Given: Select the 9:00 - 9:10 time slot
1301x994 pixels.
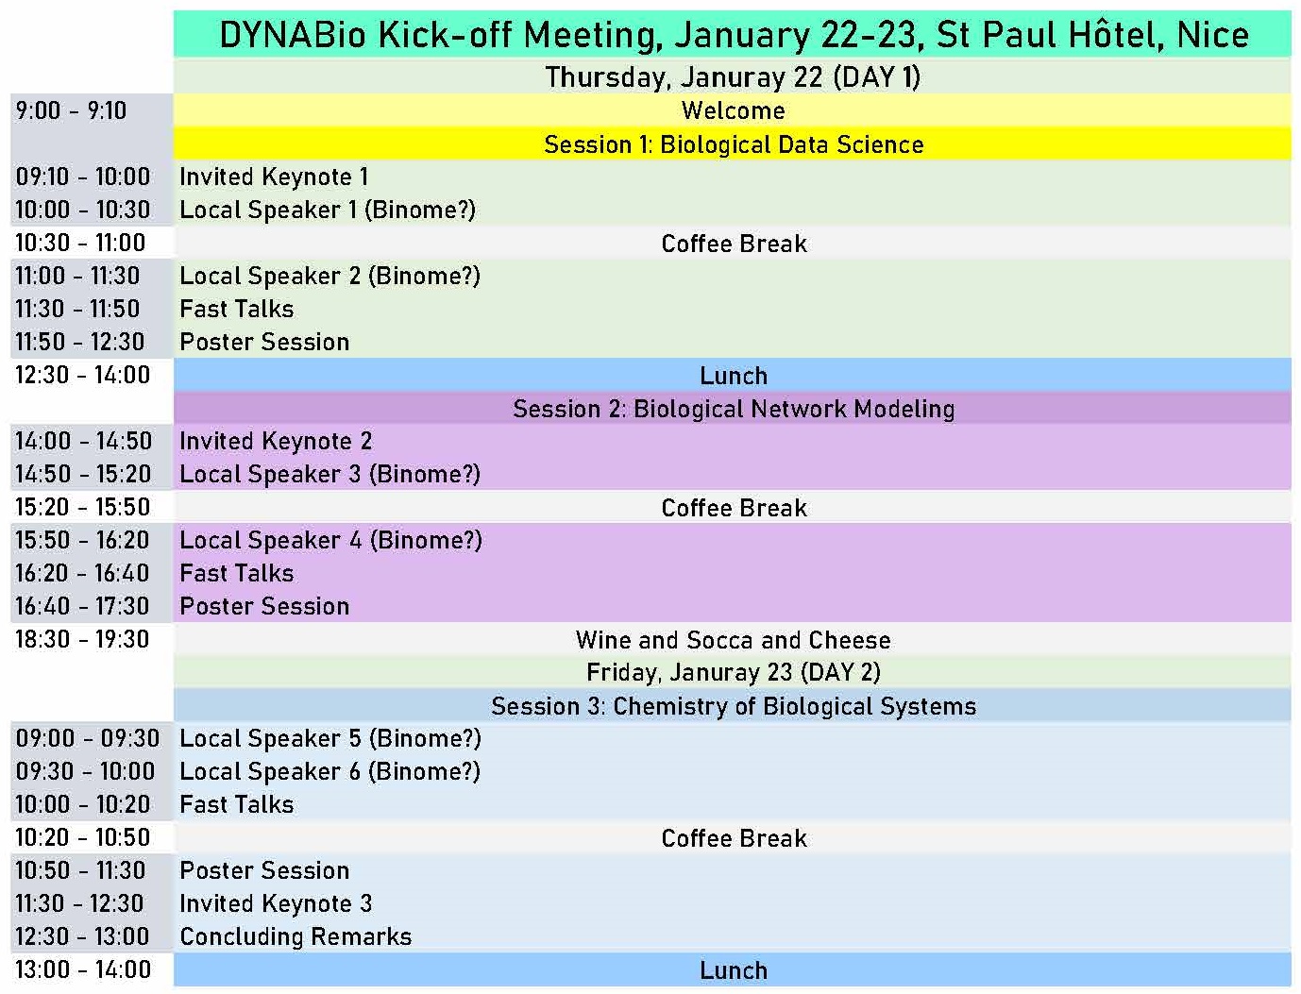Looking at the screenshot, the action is click(x=71, y=110).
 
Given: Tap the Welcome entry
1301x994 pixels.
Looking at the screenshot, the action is click(x=734, y=110).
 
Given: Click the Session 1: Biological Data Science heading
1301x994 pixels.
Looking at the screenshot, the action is click(x=734, y=144).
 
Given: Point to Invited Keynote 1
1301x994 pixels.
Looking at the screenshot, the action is click(x=274, y=177).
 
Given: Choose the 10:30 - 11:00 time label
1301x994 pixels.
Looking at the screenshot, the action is click(x=80, y=243).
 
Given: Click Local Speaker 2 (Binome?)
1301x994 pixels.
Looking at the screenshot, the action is click(x=330, y=276).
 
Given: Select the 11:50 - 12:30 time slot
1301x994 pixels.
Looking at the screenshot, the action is click(x=80, y=342).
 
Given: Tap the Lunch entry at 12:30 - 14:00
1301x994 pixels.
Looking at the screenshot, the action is click(x=734, y=376).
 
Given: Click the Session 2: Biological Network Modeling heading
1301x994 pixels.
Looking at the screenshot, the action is click(x=734, y=409).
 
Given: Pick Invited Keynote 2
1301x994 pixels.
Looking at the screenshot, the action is click(x=276, y=441).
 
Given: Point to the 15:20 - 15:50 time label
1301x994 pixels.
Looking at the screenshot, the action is click(x=82, y=507).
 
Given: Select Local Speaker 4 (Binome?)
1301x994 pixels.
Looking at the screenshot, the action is click(x=331, y=540).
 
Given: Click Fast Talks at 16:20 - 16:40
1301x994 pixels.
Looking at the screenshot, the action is click(x=237, y=573).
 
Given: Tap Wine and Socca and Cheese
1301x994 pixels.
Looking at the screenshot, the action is click(x=734, y=640).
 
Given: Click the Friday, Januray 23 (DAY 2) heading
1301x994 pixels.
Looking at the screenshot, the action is click(x=734, y=672).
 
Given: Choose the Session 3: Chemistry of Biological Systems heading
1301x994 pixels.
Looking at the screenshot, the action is click(x=734, y=706).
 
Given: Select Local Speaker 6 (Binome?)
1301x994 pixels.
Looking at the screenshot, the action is click(x=330, y=772).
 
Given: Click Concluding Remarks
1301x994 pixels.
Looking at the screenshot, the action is click(x=296, y=936).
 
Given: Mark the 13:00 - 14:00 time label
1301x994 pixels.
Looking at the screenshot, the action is click(x=83, y=969).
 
